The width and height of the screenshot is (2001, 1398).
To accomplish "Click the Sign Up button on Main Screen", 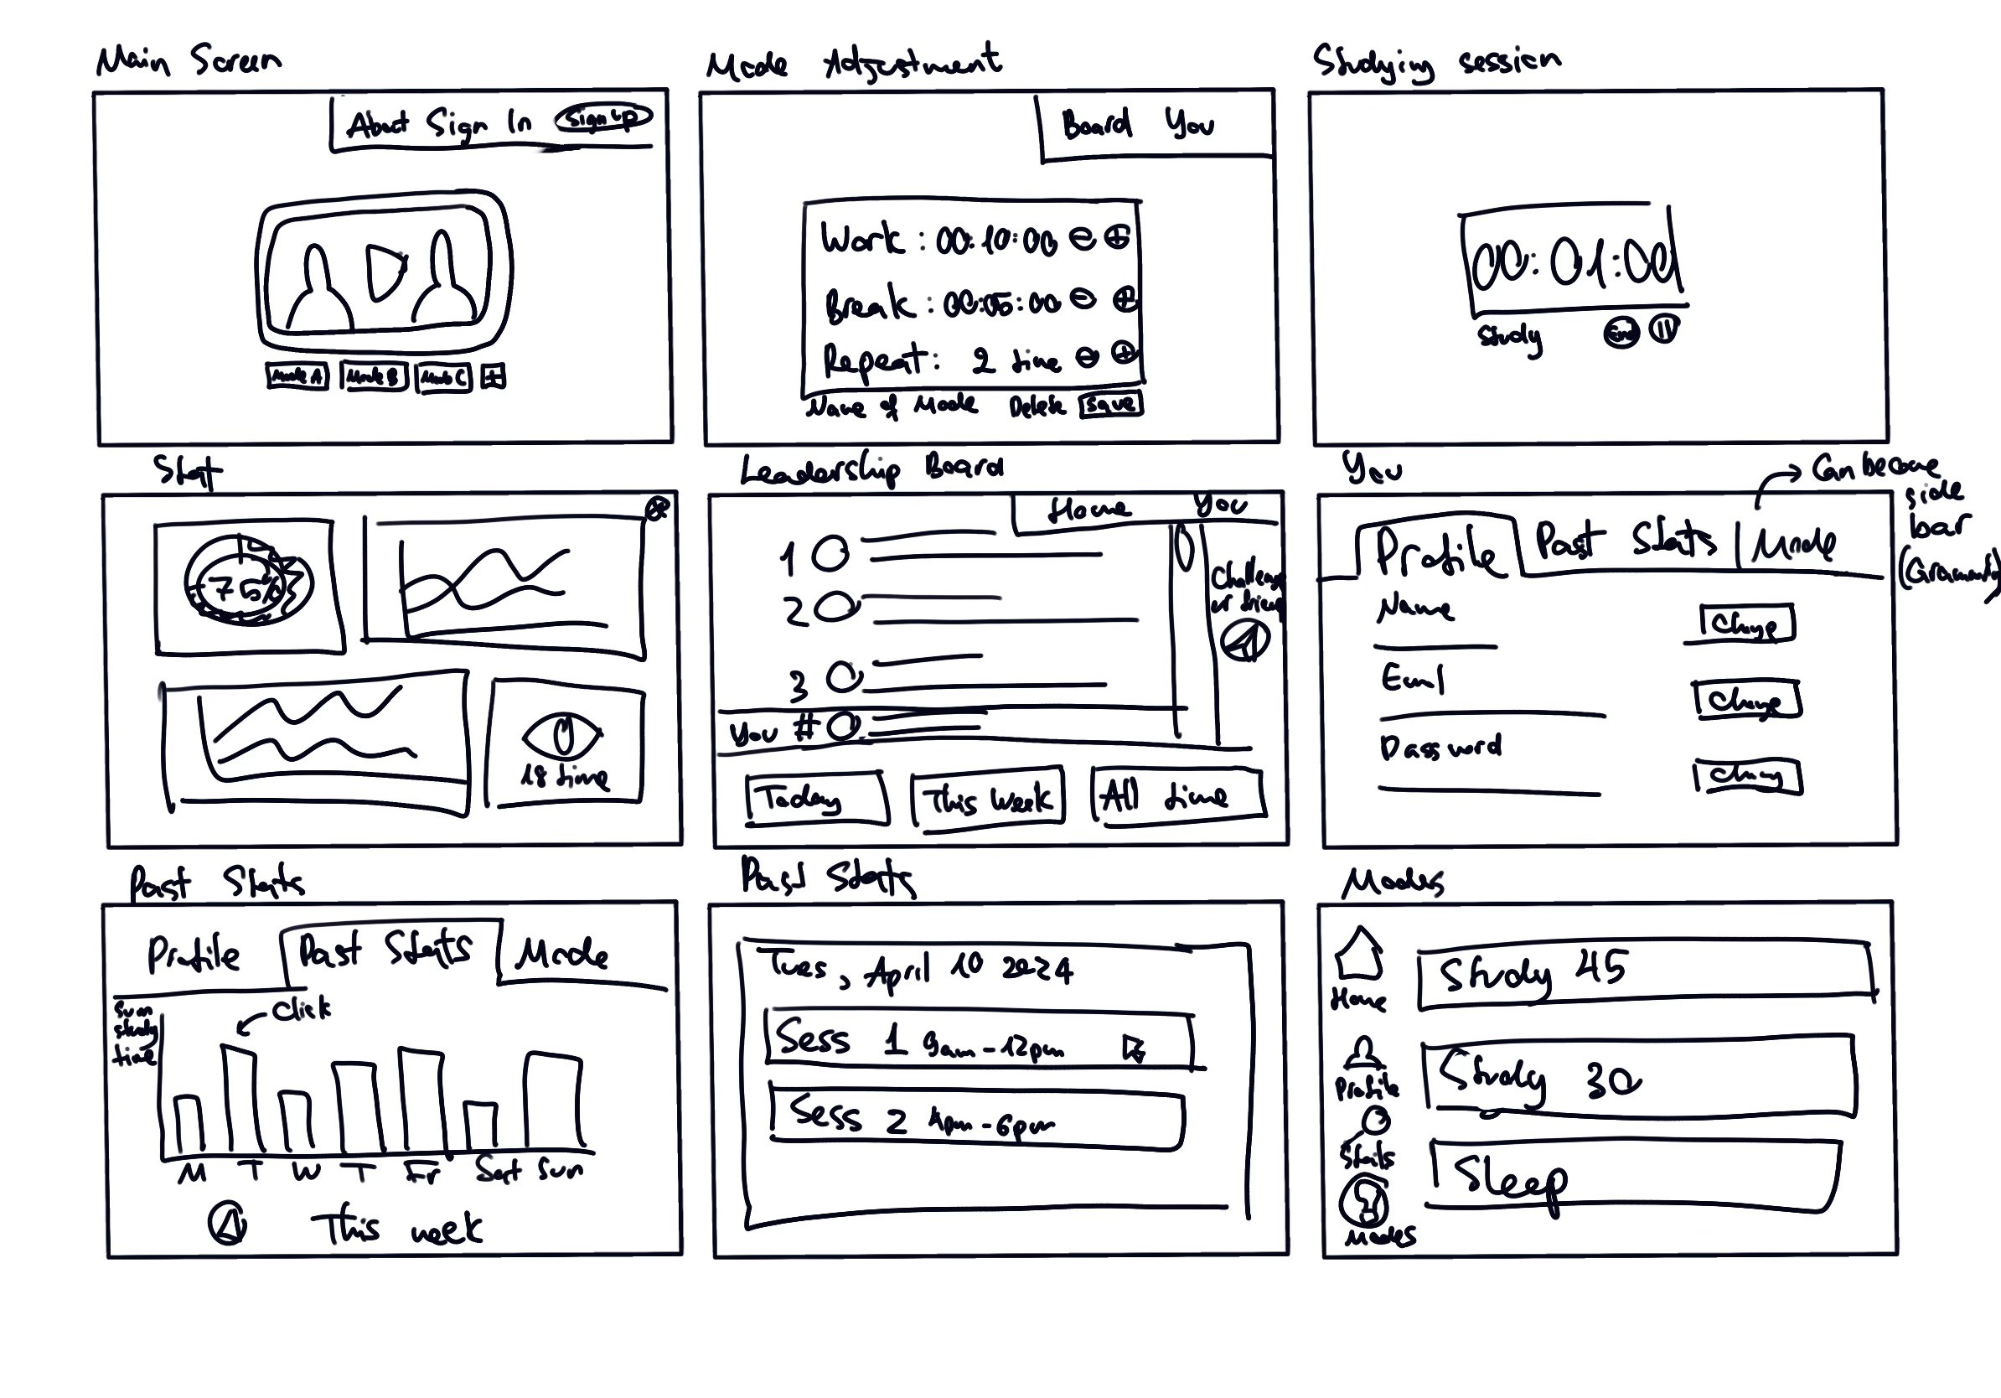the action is pos(604,117).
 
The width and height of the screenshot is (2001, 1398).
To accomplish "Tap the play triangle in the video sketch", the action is pos(384,271).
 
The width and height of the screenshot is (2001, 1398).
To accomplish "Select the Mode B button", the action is pos(373,376).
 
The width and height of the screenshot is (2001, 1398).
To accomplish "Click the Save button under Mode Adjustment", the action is pos(1109,405).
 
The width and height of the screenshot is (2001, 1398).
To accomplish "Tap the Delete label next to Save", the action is pos(1037,406).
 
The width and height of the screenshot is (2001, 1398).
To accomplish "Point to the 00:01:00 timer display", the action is pos(1573,261).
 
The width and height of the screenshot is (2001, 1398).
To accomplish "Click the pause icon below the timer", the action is pos(1665,329).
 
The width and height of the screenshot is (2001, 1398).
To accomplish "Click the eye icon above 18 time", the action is pos(563,737).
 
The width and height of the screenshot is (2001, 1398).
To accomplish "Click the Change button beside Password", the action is pos(1747,776).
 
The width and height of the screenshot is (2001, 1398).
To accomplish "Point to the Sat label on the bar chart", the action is pos(498,1170).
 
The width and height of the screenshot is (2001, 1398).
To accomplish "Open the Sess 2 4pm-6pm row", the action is pos(976,1120).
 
